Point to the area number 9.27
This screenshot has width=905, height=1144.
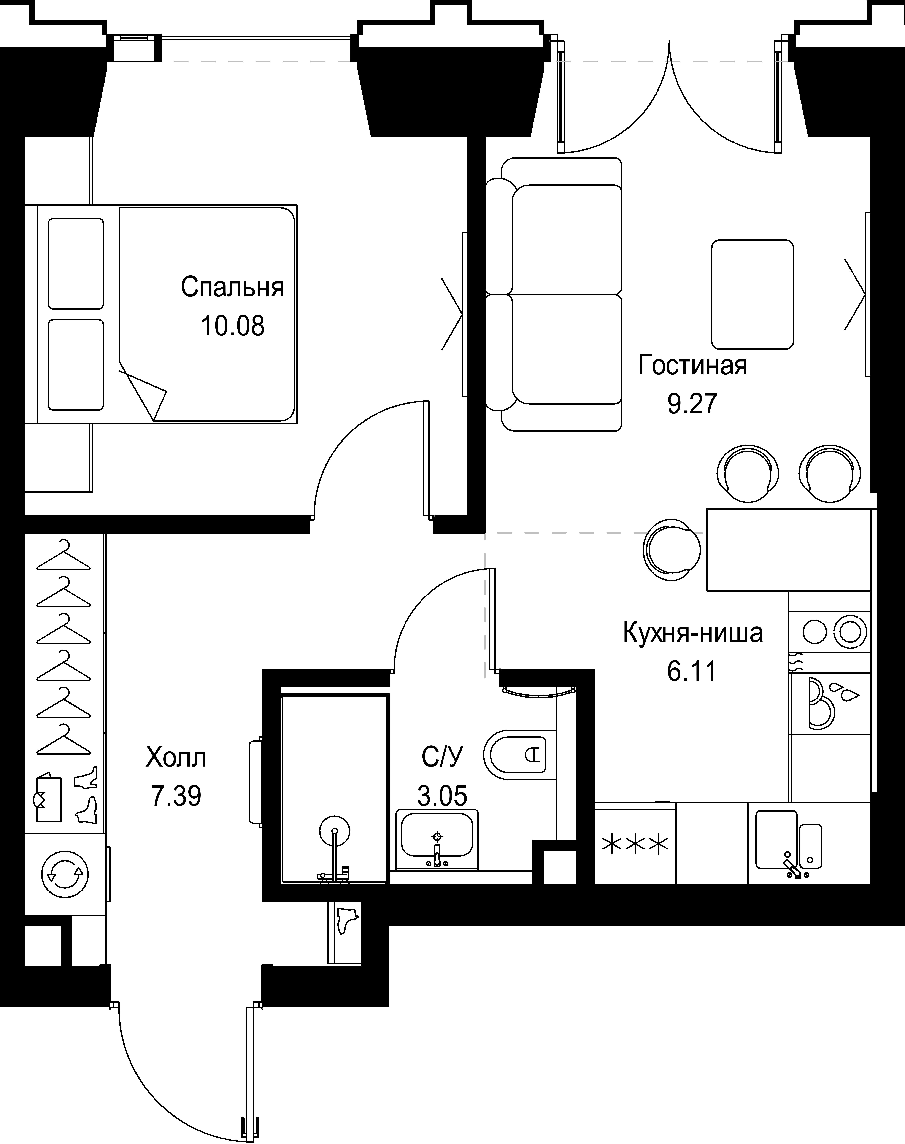tap(692, 404)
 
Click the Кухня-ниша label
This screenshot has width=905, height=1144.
tap(692, 633)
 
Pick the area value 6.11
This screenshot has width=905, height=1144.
tap(692, 671)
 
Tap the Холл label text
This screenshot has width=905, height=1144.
tap(176, 758)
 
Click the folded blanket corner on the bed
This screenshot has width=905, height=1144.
tap(143, 391)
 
